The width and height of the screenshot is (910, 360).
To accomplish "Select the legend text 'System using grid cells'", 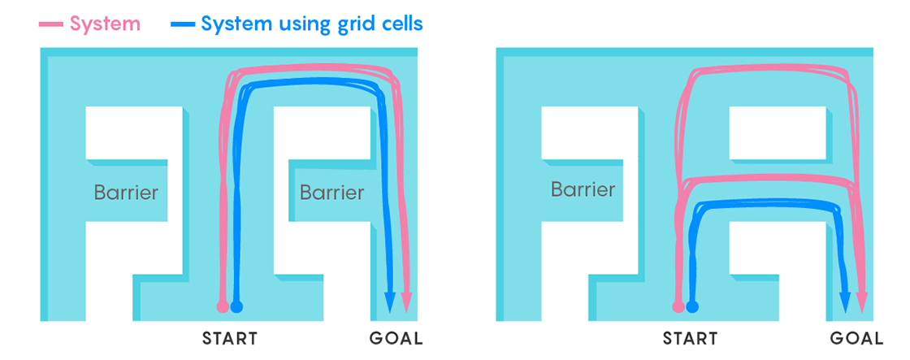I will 312,24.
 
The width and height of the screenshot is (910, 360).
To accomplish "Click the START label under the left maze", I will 230,339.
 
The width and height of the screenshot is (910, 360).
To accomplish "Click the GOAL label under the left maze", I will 396,339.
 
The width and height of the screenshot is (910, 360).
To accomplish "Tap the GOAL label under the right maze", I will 856,339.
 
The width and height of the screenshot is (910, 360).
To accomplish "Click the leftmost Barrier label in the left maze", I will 126,193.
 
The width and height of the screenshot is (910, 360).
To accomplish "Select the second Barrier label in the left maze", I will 331,193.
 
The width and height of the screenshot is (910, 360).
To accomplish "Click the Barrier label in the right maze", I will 583,190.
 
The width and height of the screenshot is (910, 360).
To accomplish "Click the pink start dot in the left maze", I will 223,306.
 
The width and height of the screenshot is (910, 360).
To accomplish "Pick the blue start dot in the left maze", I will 236,306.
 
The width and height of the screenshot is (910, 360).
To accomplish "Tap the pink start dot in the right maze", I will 678,306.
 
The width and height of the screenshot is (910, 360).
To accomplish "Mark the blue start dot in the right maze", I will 692,306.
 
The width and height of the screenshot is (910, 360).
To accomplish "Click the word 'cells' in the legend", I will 399,24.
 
